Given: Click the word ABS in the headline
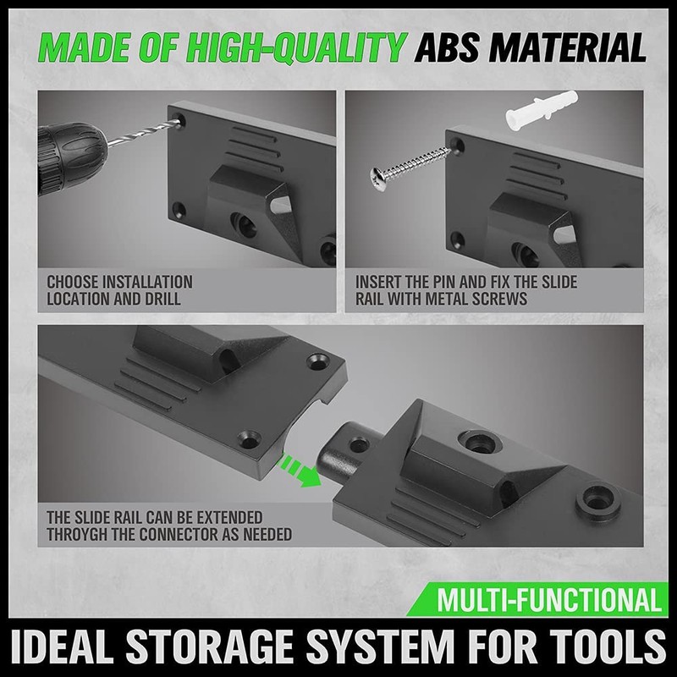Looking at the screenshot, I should tap(454, 47).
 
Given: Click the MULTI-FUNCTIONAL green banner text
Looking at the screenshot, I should tap(549, 602).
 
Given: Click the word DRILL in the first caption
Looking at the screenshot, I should tap(162, 298).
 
